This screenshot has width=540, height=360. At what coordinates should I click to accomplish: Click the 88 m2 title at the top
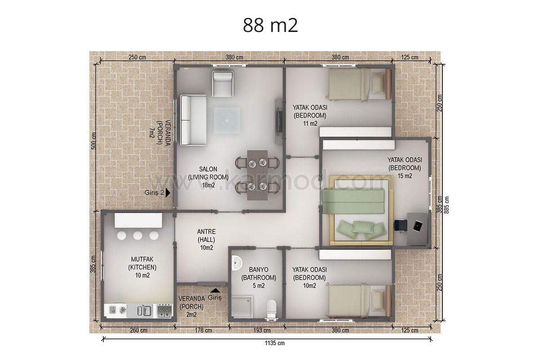(x=270, y=25)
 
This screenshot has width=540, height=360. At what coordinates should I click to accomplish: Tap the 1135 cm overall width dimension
(x=274, y=343)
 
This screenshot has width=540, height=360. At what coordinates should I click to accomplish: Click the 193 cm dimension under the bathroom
(x=262, y=330)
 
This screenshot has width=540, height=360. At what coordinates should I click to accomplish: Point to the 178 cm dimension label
(x=203, y=330)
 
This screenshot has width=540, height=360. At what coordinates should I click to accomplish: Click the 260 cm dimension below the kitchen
(x=139, y=330)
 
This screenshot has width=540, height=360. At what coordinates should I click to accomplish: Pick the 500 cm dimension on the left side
(x=94, y=140)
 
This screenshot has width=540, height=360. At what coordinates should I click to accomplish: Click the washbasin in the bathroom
(x=237, y=263)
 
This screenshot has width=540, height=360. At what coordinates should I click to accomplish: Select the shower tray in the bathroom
(x=242, y=306)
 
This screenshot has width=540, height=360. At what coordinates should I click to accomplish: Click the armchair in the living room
(x=222, y=84)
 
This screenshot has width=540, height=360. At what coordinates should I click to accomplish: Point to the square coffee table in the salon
(x=227, y=120)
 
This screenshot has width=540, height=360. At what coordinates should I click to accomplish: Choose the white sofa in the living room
(x=193, y=120)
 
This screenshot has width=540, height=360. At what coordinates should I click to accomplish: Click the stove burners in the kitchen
(x=165, y=310)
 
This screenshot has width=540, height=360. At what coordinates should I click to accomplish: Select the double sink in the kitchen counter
(x=144, y=310)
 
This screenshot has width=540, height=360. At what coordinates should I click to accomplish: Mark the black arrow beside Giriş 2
(x=168, y=193)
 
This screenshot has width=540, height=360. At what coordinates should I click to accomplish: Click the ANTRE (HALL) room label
(x=207, y=236)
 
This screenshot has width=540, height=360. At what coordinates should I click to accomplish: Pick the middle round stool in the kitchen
(x=138, y=236)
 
